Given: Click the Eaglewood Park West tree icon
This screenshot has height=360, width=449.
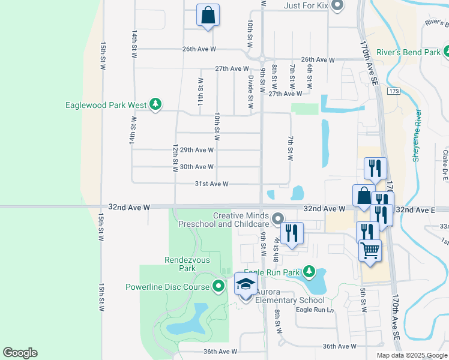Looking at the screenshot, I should point(155,104).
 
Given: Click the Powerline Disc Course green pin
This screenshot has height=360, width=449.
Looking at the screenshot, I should point(218,286).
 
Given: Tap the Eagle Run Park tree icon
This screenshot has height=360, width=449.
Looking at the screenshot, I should point(309,272).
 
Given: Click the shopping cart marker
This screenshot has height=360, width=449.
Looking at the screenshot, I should point(370,250).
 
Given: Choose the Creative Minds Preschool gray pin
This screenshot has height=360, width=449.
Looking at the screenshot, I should point(277,218).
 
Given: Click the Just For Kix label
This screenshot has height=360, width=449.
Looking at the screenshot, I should point(305,7).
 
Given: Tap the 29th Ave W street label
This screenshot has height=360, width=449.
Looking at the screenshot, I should point(196,149).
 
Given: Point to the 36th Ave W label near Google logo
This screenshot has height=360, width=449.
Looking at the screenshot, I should point(220,352).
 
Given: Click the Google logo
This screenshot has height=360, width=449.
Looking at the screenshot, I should point(20,353).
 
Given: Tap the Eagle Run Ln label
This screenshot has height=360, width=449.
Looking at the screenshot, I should point(314,310).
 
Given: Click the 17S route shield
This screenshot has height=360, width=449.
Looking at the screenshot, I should point(393,91).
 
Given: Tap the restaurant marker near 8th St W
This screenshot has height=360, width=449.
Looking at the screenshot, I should point(292,233).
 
